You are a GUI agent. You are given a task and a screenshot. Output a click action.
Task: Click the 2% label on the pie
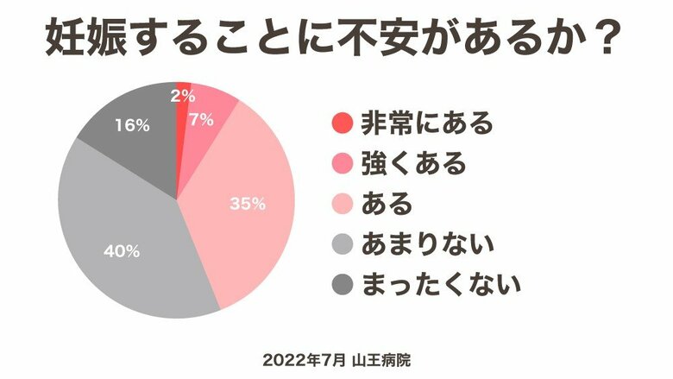tap(182, 96)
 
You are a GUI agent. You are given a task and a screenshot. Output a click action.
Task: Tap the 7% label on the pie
tap(201, 120)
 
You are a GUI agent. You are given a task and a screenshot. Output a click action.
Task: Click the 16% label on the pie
tap(132, 125)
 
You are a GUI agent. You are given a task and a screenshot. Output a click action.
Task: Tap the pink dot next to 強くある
tap(343, 164)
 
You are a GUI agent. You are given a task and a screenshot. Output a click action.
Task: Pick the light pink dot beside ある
tap(343, 205)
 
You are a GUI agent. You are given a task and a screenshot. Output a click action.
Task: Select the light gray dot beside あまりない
tap(343, 245)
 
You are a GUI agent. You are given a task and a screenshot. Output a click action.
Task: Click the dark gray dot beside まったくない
tap(343, 286)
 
